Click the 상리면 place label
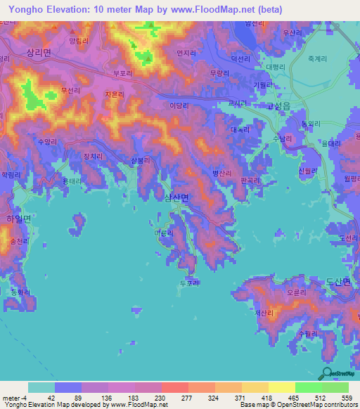(38, 53)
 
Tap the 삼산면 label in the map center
(176, 198)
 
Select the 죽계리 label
(319, 60)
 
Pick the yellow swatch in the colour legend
(281, 387)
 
